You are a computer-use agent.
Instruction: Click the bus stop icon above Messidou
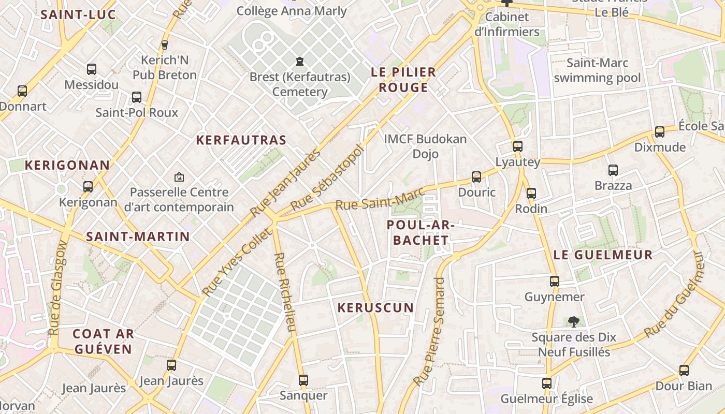(x=92, y=69)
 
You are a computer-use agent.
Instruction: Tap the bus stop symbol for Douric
(x=476, y=177)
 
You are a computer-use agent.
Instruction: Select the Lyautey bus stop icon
(x=518, y=146)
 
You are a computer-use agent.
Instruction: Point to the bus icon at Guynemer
(x=555, y=282)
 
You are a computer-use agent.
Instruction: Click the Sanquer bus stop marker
(x=303, y=380)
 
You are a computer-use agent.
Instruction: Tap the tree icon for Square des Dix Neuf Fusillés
(x=573, y=322)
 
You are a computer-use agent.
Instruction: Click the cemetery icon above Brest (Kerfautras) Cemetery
(x=299, y=62)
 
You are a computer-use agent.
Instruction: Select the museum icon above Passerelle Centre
(x=179, y=177)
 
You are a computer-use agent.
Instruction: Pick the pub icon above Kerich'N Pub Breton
(x=165, y=45)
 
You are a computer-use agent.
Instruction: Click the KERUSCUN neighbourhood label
(x=376, y=308)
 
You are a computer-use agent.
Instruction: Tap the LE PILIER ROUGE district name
(x=403, y=80)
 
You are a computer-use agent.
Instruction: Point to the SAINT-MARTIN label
(x=138, y=236)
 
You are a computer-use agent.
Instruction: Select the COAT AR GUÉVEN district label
(x=103, y=341)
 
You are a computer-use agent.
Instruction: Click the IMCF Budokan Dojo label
(x=425, y=146)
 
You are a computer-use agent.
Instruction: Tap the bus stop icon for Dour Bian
(x=684, y=371)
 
